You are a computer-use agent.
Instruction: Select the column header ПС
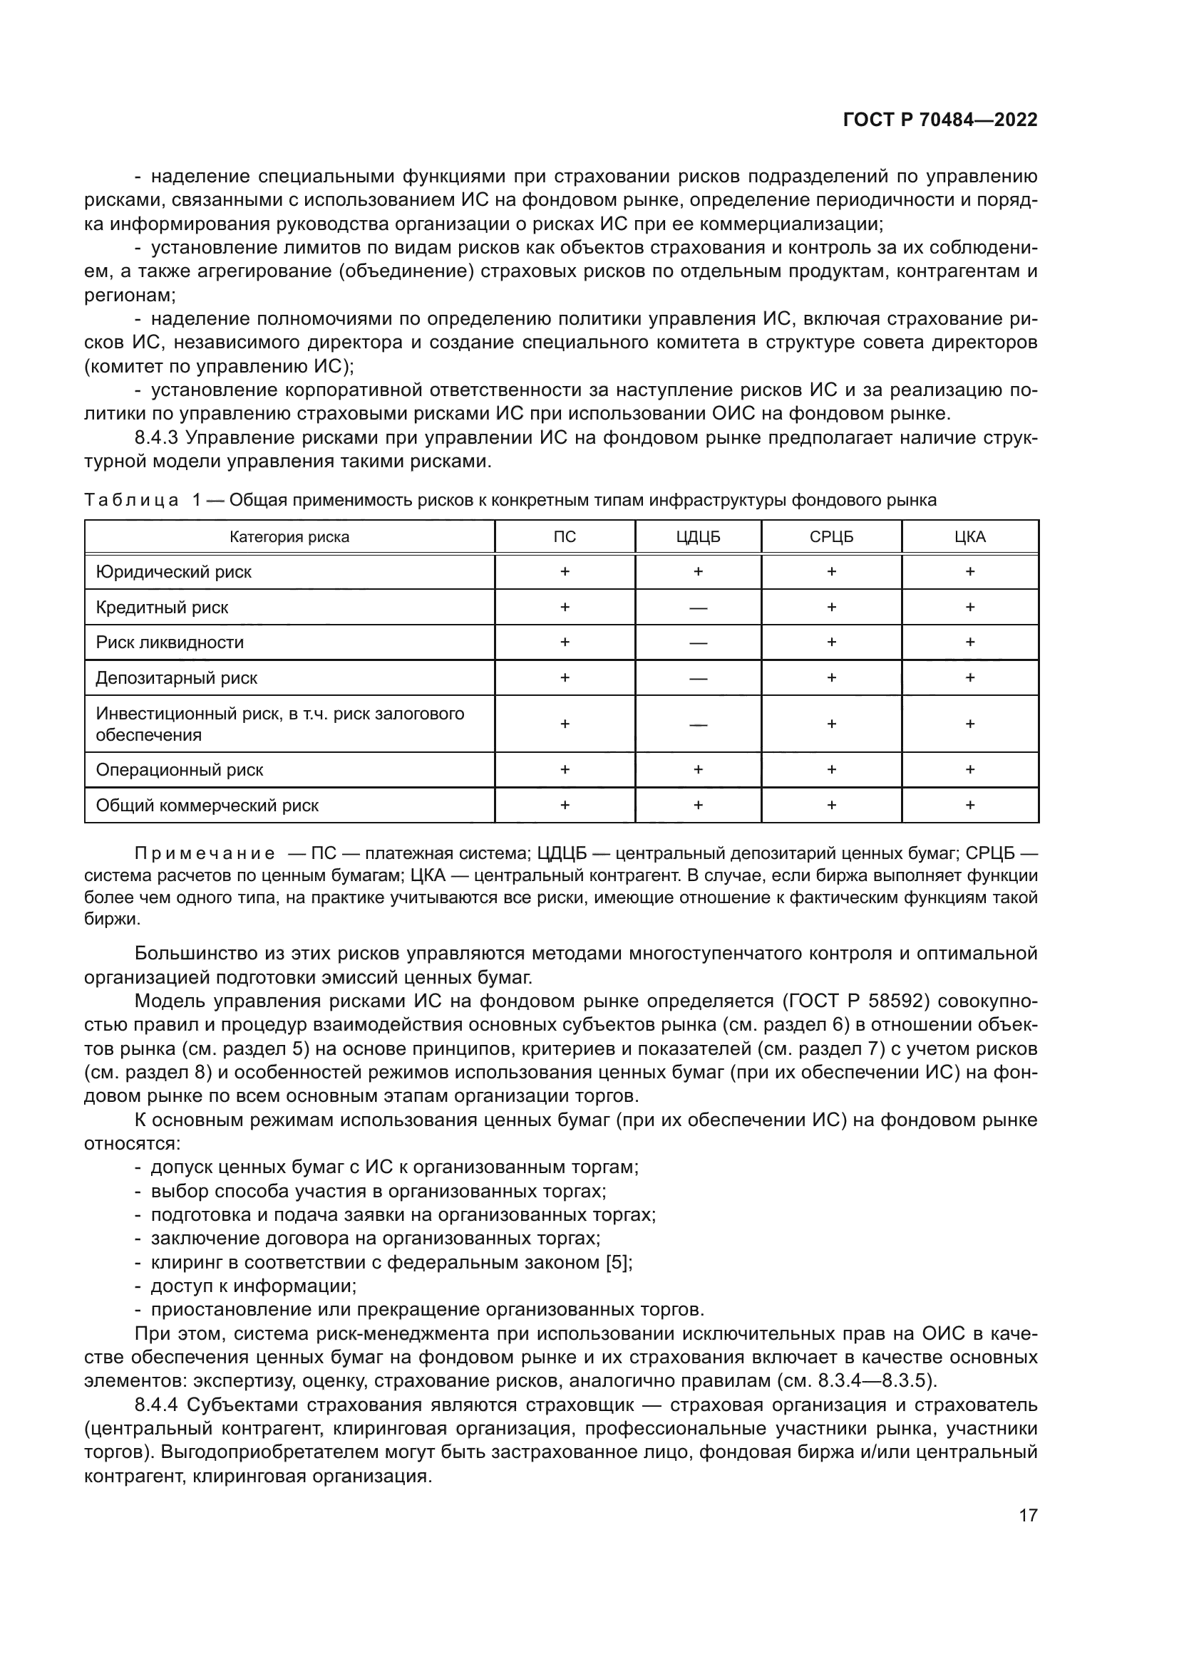(564, 537)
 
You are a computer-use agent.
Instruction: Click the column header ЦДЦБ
(698, 537)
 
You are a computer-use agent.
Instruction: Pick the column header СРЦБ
(831, 537)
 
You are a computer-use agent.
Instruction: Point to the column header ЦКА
(970, 537)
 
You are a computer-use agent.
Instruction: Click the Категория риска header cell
(289, 537)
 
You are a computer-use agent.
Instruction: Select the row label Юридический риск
(173, 572)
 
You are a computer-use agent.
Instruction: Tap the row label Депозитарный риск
(176, 677)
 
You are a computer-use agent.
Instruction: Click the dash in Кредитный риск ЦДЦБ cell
(698, 608)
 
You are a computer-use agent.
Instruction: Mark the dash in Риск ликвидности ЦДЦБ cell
(698, 643)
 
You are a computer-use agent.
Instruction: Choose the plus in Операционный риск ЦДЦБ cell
(698, 769)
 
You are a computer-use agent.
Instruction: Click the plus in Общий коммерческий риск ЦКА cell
(970, 805)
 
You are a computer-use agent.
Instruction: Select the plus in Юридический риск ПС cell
(564, 572)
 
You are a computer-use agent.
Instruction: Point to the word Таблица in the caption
(130, 500)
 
